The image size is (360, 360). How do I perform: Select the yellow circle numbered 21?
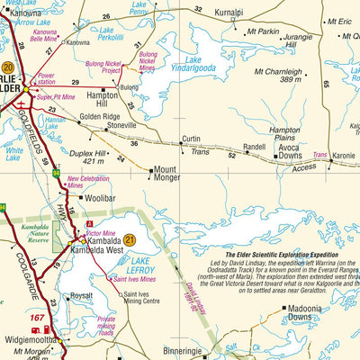coord(130,239)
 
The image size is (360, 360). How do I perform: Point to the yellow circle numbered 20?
coord(7,67)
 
